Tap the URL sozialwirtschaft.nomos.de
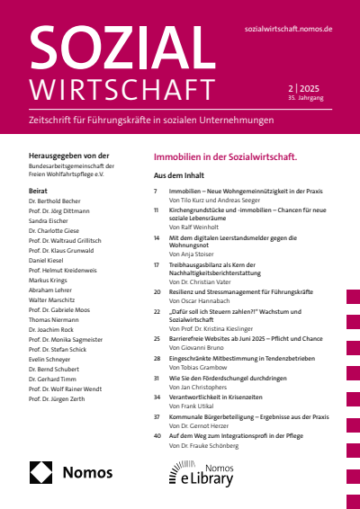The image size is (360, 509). click(288, 29)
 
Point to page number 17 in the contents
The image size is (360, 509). click(156, 266)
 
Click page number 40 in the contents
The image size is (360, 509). click(157, 435)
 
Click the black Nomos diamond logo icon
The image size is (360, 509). click(41, 472)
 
